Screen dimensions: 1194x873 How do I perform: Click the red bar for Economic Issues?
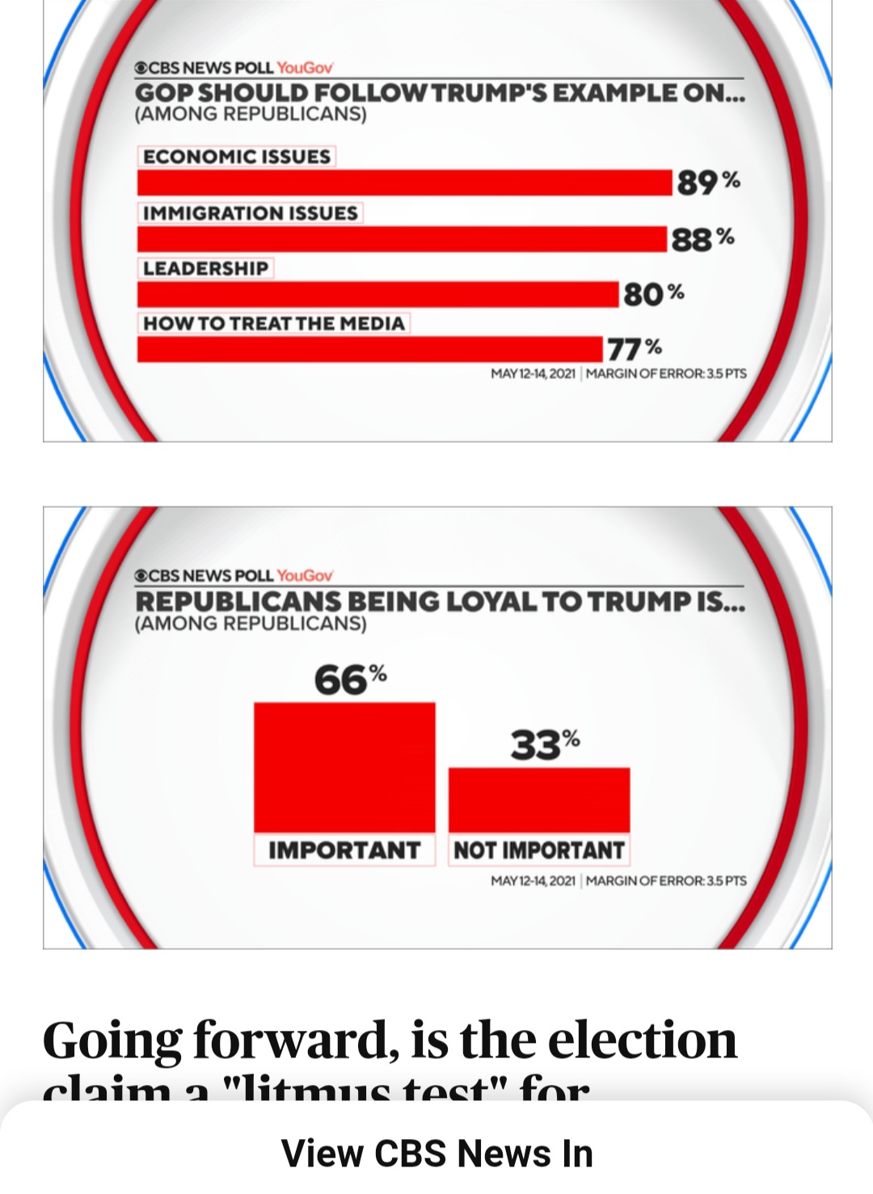click(404, 183)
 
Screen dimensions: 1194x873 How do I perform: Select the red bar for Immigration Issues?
click(402, 239)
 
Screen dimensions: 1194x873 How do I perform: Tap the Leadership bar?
click(377, 294)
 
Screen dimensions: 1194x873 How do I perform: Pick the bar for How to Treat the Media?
click(369, 349)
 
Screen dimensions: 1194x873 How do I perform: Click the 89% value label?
click(708, 182)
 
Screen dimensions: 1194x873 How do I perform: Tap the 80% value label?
click(653, 294)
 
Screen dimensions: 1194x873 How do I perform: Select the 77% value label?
click(635, 349)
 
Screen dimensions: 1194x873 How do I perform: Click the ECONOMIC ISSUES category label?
click(237, 156)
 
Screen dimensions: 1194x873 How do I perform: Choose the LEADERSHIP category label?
click(205, 268)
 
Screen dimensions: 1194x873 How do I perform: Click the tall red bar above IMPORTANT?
click(344, 767)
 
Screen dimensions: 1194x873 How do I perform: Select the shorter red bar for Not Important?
click(539, 800)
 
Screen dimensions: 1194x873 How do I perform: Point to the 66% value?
click(350, 679)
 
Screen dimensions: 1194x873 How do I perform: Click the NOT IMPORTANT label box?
click(539, 851)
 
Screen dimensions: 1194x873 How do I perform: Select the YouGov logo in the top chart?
click(305, 68)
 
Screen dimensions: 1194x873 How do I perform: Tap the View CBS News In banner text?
click(436, 1153)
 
